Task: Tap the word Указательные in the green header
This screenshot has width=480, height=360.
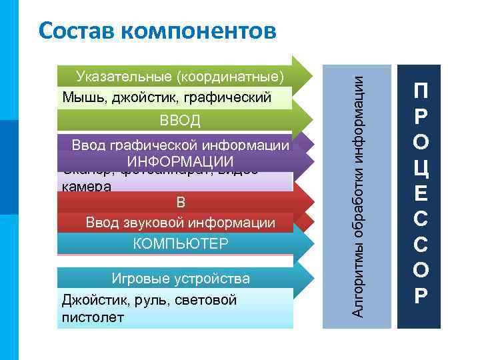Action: [118, 75]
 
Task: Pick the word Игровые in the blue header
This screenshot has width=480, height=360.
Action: [133, 278]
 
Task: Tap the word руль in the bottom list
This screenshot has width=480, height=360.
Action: [135, 300]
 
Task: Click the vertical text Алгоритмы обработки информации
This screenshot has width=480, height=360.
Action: [357, 195]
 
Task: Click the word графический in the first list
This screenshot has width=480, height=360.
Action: [235, 97]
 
